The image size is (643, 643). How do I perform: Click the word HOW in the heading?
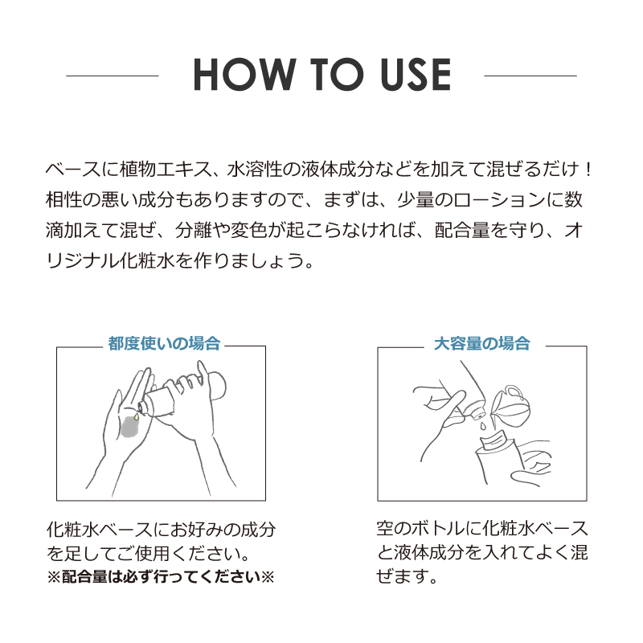[244, 74]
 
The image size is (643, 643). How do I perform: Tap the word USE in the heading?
[415, 74]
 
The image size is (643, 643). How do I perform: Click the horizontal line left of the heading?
[113, 76]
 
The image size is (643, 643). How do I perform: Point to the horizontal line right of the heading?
[530, 76]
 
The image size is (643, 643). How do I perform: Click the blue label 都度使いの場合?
[164, 344]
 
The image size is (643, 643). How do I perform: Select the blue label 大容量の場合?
[481, 344]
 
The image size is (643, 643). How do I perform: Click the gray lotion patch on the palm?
[132, 428]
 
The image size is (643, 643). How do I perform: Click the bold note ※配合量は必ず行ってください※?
[160, 577]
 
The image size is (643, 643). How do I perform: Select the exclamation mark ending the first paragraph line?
[588, 170]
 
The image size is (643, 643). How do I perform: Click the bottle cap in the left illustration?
[143, 407]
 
